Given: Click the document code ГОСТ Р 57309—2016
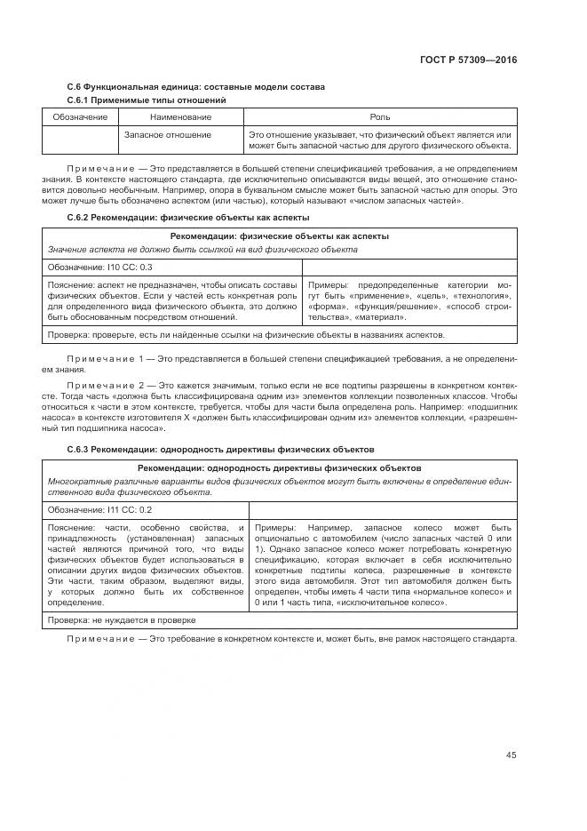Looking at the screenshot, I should click(467, 60).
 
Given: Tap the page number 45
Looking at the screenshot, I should click(511, 755).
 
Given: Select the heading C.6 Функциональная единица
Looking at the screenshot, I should click(195, 86).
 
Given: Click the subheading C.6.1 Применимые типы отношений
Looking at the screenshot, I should click(147, 100).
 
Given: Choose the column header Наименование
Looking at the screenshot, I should click(180, 117).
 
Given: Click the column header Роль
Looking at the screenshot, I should click(380, 117).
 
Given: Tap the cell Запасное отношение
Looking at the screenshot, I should click(168, 134).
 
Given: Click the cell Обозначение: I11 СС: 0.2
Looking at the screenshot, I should click(99, 509).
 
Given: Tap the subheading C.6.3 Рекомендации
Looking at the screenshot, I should click(221, 450).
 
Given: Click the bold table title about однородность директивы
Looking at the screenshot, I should click(279, 467).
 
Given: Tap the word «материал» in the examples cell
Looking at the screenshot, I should click(382, 317).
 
